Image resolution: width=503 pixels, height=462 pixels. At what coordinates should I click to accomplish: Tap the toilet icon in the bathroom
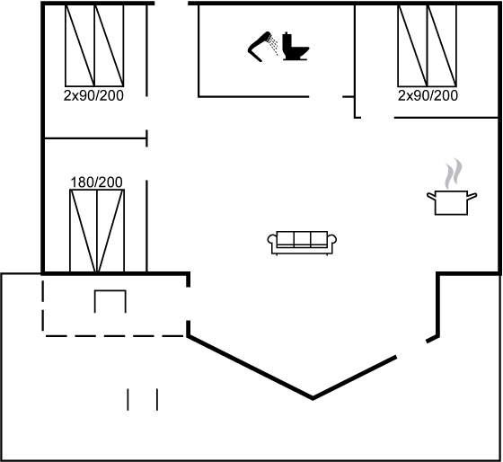[x=296, y=47]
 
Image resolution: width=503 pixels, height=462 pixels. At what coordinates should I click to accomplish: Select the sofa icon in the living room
[x=302, y=243]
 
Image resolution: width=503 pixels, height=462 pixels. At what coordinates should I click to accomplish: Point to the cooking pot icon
[x=451, y=202]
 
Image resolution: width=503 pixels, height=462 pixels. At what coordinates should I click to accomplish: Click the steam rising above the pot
[x=453, y=173]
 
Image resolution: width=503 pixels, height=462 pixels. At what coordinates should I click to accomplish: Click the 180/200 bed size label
[x=96, y=182]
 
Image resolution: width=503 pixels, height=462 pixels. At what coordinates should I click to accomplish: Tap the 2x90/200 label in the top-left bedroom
[x=93, y=95]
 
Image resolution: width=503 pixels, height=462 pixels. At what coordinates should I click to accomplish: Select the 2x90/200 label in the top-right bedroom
[x=428, y=95]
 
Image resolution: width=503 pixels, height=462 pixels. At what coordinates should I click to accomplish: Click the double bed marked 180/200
[x=97, y=230]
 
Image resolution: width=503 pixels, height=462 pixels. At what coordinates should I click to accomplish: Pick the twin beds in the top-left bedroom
[x=94, y=46]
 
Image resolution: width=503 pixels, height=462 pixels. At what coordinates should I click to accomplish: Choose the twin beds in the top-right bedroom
[x=427, y=46]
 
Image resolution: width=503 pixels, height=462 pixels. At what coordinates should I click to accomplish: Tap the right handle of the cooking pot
[x=472, y=196]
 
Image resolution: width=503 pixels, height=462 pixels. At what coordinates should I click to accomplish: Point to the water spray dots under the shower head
[x=274, y=45]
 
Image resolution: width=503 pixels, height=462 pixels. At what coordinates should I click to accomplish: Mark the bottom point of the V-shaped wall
[x=313, y=399]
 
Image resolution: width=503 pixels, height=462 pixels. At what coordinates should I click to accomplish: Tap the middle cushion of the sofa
[x=302, y=239]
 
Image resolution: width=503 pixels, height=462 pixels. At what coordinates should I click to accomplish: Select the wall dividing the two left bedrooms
[x=95, y=138]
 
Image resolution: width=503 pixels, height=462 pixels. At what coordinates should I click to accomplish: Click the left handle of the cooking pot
[x=431, y=196]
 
